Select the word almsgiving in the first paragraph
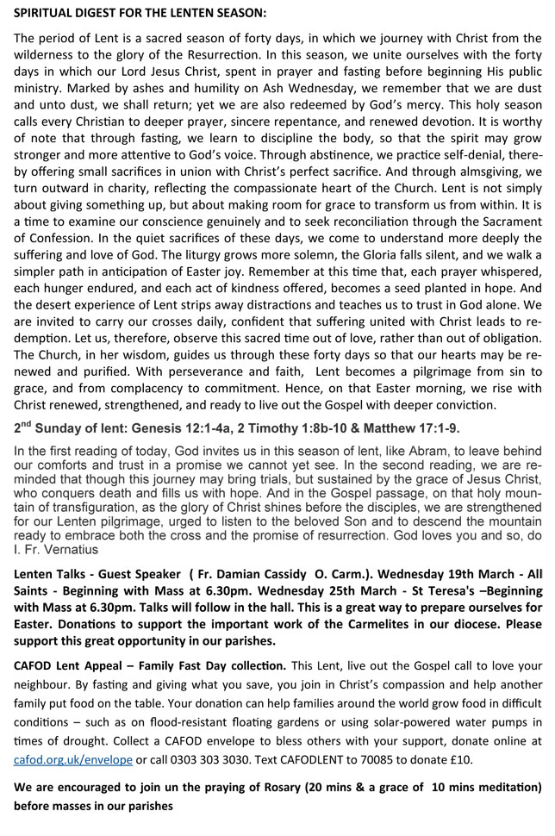click(473, 171)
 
